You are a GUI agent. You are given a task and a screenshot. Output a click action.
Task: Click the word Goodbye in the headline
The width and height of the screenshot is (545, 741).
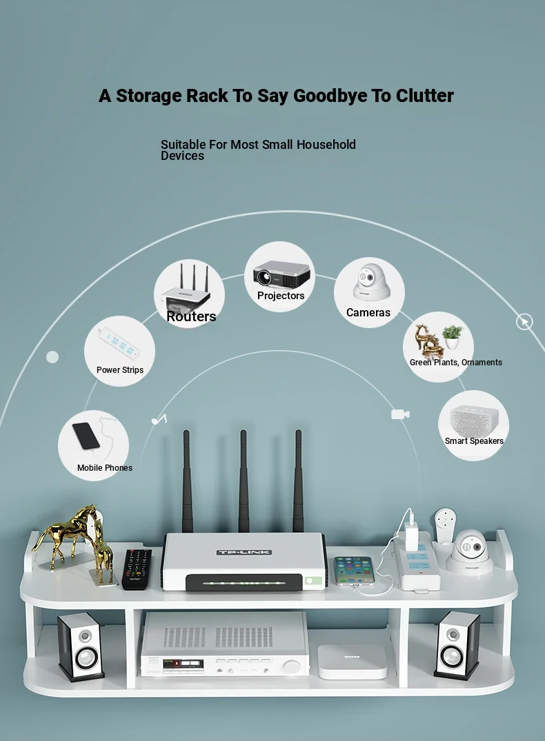click(330, 96)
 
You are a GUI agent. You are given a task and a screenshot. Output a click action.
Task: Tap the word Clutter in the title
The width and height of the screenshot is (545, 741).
click(424, 95)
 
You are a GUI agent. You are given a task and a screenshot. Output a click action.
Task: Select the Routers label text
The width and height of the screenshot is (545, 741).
click(191, 316)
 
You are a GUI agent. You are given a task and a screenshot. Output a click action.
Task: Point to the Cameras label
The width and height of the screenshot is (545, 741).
click(368, 312)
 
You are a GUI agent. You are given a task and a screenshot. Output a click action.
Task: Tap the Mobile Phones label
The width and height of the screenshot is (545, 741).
click(105, 468)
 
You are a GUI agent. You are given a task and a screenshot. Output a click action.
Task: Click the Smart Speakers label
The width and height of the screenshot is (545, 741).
click(474, 441)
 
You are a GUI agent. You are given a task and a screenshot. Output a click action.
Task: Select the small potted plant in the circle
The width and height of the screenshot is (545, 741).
click(453, 336)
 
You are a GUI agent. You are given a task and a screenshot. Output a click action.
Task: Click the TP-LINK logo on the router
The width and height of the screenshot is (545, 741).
click(244, 552)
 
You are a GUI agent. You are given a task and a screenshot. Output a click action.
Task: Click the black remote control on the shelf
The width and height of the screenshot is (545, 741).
click(137, 569)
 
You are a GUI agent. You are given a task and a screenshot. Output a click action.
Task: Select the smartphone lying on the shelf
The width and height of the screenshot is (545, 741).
click(354, 571)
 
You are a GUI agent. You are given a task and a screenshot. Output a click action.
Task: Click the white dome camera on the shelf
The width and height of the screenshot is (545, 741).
click(470, 551)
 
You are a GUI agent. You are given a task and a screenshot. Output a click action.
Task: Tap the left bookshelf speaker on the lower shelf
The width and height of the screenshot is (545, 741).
click(81, 647)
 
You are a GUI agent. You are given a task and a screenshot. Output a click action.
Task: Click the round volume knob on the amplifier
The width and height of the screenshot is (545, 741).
click(291, 666)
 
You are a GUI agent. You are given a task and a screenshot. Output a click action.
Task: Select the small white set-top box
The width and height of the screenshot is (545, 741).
click(352, 661)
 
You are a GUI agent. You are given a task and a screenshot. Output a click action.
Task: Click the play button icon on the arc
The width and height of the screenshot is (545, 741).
click(524, 322)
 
